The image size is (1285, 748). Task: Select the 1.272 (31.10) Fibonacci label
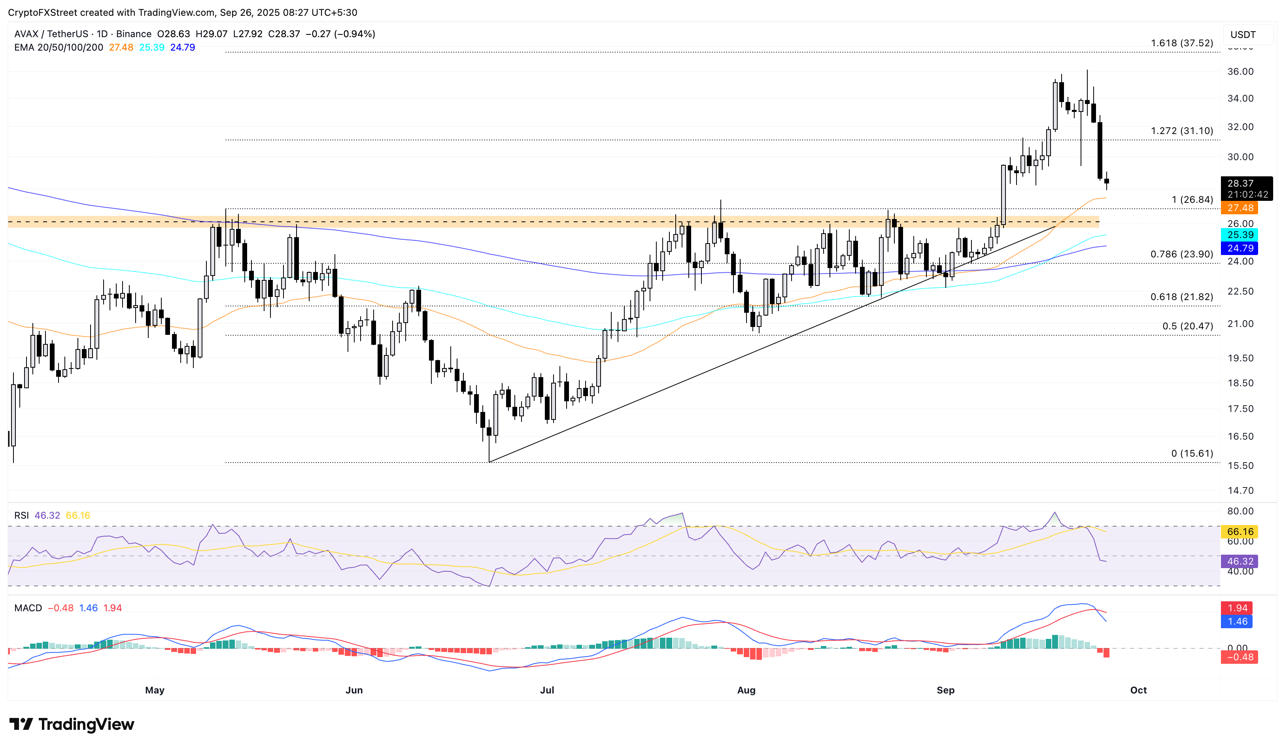click(1181, 131)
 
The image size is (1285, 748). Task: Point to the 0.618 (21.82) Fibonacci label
click(1181, 297)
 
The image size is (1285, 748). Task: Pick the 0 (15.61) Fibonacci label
click(1192, 454)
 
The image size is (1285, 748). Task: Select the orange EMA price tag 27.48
click(1240, 208)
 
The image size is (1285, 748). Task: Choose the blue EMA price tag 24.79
click(1240, 248)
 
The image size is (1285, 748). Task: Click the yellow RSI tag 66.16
click(1240, 532)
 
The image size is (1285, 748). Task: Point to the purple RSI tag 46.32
click(1240, 561)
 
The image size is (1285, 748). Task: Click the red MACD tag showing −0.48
click(1240, 657)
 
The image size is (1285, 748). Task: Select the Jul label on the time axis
click(547, 690)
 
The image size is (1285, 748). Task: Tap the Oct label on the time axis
click(1138, 690)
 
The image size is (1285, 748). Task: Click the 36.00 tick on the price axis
click(1240, 72)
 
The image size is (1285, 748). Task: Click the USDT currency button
click(1243, 35)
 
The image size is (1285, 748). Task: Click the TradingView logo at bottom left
click(72, 724)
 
